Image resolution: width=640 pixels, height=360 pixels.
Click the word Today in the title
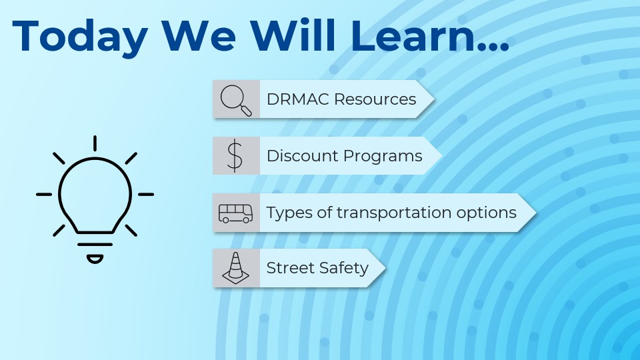[x=80, y=37]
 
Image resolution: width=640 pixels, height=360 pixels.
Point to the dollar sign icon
[x=235, y=155]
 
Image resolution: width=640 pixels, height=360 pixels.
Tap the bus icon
[x=235, y=213]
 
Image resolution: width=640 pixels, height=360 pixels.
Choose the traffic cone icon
[x=235, y=268]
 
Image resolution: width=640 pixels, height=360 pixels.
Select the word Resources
[x=375, y=99]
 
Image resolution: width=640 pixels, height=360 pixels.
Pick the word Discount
[x=303, y=155]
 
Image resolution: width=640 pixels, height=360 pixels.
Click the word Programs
[x=383, y=156]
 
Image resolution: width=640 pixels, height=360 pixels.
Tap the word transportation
[x=394, y=212]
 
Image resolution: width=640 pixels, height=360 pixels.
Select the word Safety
[x=344, y=269]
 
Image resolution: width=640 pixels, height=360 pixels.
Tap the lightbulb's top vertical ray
[x=95, y=143]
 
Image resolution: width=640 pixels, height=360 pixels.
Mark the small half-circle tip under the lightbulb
[x=95, y=259]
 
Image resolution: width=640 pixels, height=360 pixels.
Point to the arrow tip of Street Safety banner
[x=385, y=268]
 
